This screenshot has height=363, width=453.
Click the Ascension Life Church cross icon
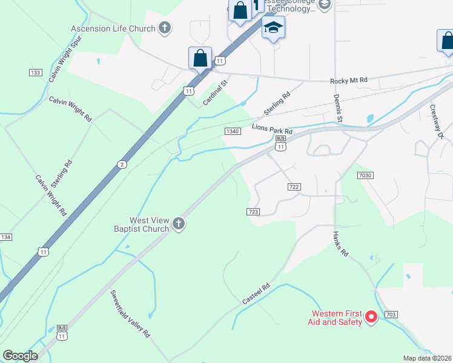[x=165, y=28]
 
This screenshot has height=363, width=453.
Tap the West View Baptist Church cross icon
[x=178, y=224]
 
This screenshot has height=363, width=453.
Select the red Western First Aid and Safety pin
[x=371, y=316]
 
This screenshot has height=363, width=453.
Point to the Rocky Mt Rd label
[x=348, y=80]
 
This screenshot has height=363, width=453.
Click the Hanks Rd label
[x=341, y=244]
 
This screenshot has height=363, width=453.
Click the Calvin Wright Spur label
[x=65, y=59]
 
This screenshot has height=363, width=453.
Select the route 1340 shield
[x=233, y=131]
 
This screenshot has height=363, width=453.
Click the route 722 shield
[x=294, y=187]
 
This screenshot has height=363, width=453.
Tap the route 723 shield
[x=254, y=211]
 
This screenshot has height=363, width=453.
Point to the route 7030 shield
[x=365, y=175]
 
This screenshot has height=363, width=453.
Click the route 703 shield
[x=391, y=315]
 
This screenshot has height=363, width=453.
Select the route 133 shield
[x=35, y=73]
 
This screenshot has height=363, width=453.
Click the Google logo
[x=20, y=356]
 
